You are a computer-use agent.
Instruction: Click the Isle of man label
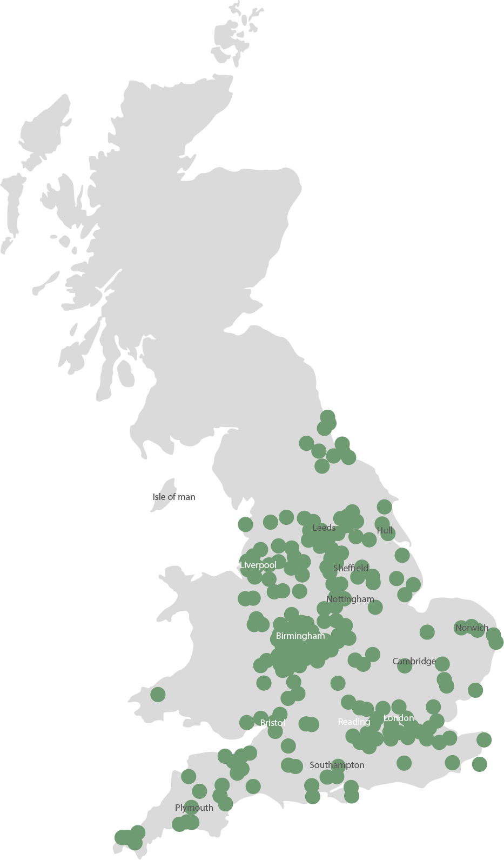pyautogui.click(x=173, y=497)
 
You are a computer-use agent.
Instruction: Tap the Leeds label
pyautogui.click(x=324, y=528)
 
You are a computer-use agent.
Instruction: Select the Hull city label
pyautogui.click(x=385, y=530)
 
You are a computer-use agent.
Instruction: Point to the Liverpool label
pyautogui.click(x=258, y=565)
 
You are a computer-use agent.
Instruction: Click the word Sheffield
pyautogui.click(x=351, y=568)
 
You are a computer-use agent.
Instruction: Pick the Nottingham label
pyautogui.click(x=350, y=599)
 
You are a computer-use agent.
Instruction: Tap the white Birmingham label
pyautogui.click(x=300, y=636)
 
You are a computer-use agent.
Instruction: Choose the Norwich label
pyautogui.click(x=472, y=628)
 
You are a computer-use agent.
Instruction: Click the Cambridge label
pyautogui.click(x=414, y=661)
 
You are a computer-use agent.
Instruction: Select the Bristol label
pyautogui.click(x=273, y=723)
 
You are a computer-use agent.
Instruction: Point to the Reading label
pyautogui.click(x=354, y=722)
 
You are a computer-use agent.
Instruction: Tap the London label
pyautogui.click(x=399, y=718)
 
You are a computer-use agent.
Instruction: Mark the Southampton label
pyautogui.click(x=337, y=765)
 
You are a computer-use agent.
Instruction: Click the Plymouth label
pyautogui.click(x=194, y=808)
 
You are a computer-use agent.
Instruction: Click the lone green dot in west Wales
pyautogui.click(x=158, y=694)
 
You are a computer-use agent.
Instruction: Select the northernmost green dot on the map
pyautogui.click(x=327, y=417)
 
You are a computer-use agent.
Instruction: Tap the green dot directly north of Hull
pyautogui.click(x=384, y=506)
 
